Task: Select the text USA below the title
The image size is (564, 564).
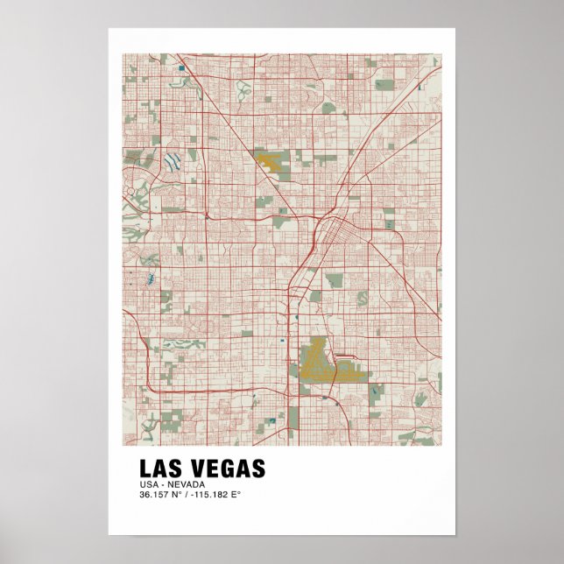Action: click(147, 484)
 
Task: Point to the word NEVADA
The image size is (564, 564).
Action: click(187, 484)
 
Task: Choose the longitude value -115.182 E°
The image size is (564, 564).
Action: click(215, 495)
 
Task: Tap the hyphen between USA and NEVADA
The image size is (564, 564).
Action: click(161, 484)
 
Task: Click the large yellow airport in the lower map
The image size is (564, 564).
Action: click(320, 361)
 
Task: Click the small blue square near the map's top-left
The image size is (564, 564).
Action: click(180, 67)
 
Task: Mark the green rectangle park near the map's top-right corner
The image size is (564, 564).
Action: click(384, 85)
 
